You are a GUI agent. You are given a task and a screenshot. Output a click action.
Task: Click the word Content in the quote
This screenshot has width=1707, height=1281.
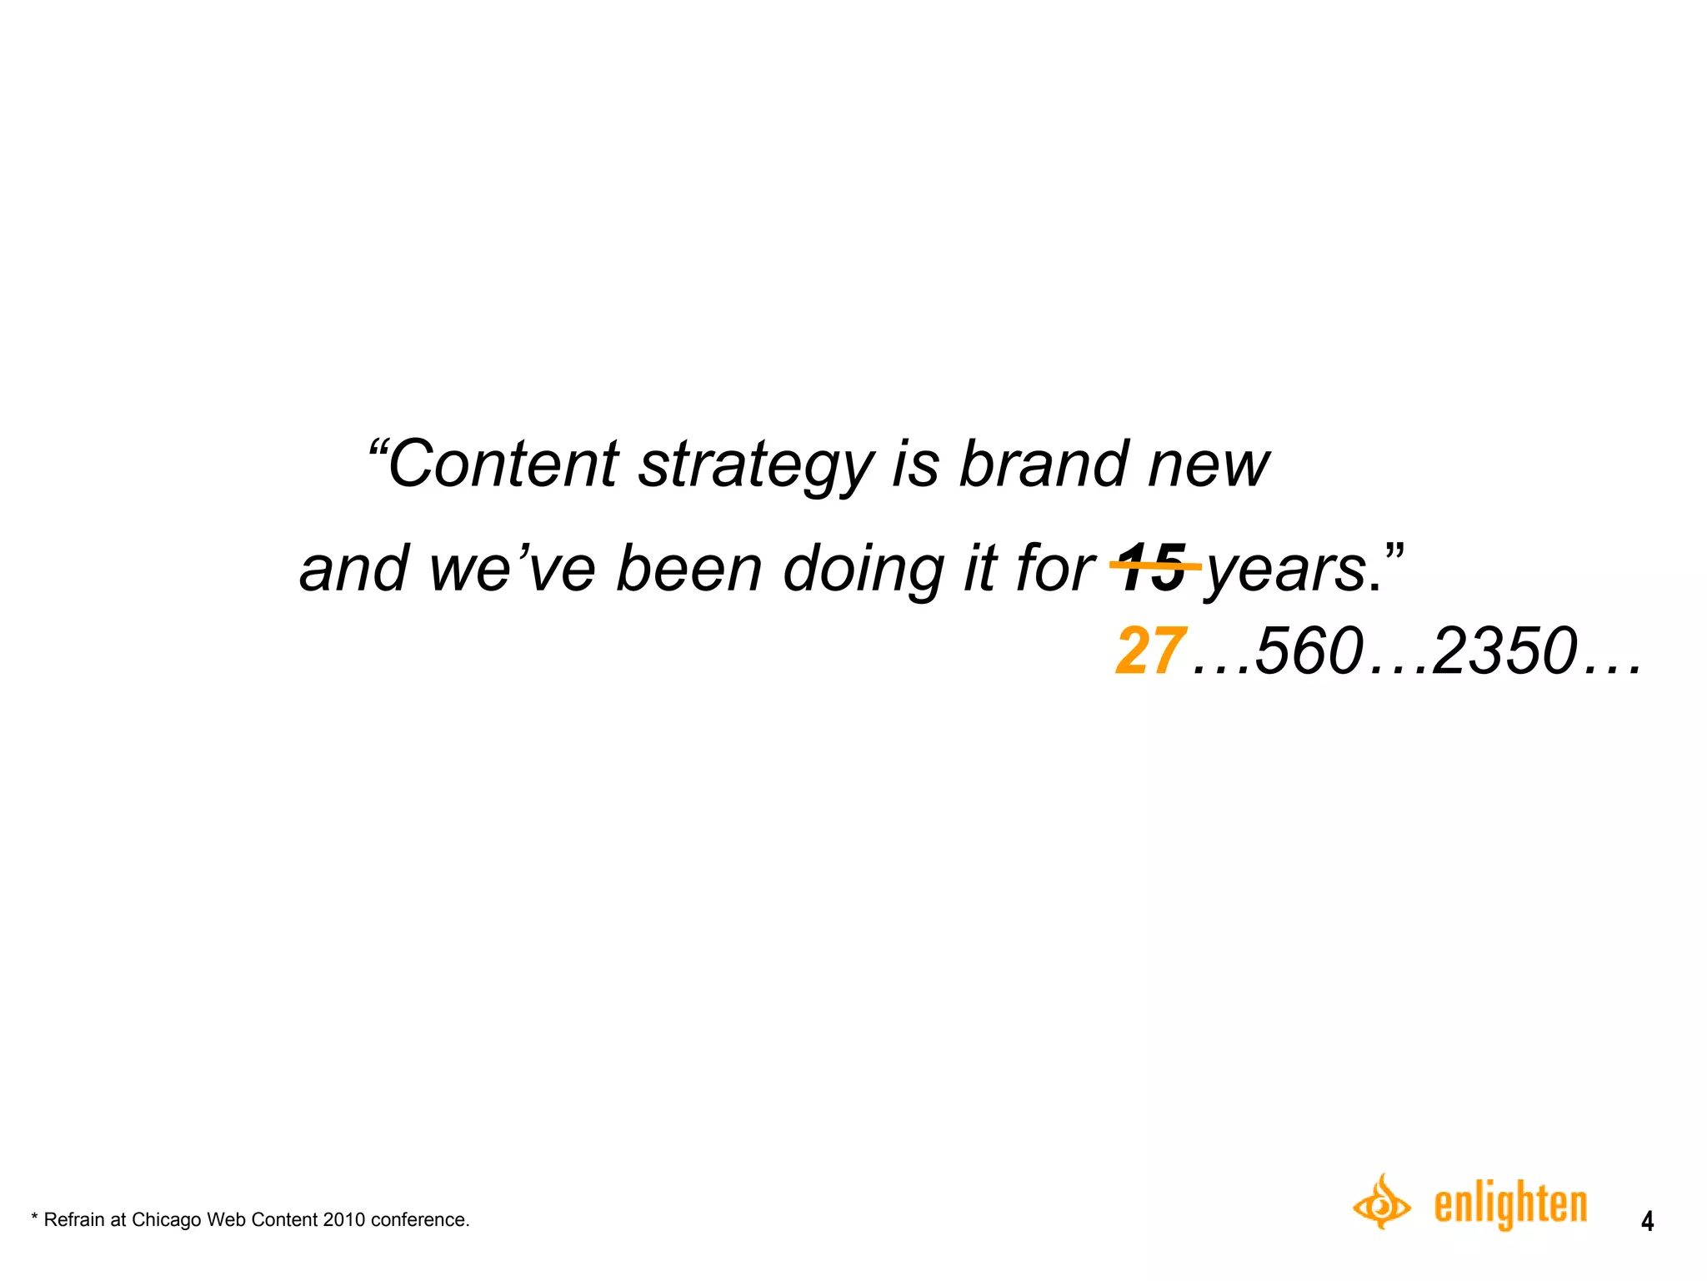click(x=503, y=465)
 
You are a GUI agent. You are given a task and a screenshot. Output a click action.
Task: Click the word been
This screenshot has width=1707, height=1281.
click(x=689, y=569)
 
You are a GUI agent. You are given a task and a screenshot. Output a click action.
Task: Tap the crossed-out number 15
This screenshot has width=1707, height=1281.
click(x=1153, y=568)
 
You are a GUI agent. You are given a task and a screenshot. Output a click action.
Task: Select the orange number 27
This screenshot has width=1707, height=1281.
click(x=1150, y=651)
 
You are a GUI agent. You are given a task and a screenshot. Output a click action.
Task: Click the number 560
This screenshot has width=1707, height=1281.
click(x=1309, y=651)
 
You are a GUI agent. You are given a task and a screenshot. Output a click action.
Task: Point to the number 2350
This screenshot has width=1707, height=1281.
click(x=1504, y=651)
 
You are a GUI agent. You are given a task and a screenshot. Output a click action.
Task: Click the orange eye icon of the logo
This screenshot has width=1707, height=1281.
click(x=1381, y=1203)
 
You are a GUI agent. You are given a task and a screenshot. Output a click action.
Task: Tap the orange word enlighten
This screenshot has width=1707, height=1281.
click(x=1509, y=1205)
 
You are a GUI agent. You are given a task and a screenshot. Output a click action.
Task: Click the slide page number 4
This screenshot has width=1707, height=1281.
click(x=1647, y=1222)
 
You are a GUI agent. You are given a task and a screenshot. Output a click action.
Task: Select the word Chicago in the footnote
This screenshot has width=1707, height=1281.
click(x=167, y=1220)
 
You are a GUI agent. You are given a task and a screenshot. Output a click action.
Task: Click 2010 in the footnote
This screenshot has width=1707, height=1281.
click(x=344, y=1220)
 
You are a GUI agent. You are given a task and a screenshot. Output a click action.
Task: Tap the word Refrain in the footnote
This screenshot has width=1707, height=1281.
click(x=74, y=1220)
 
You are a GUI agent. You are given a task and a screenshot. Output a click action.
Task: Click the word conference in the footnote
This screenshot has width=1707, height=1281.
click(x=419, y=1220)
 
